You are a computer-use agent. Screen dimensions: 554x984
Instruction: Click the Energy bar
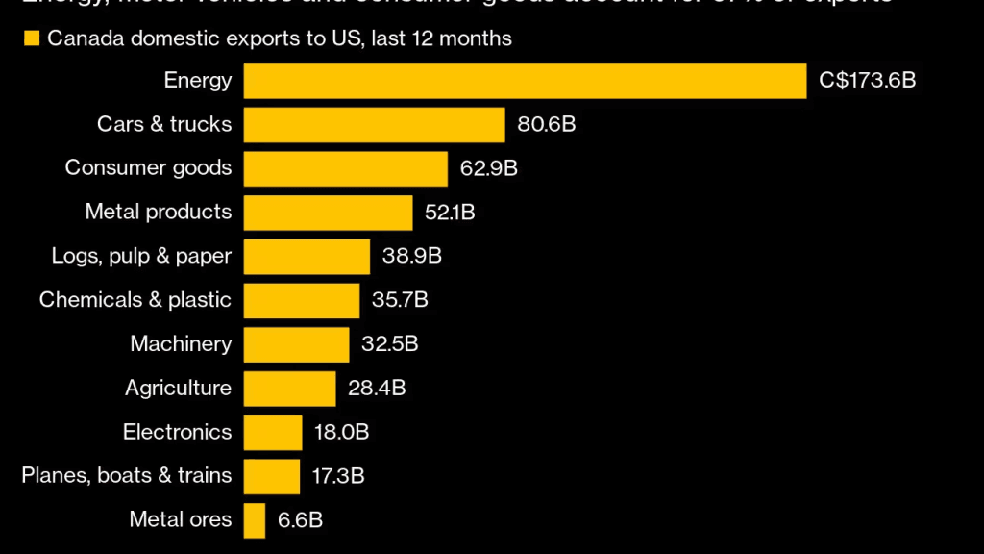tap(525, 81)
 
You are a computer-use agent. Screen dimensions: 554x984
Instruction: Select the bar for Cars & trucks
tap(374, 125)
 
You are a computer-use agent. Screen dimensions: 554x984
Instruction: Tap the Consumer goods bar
tap(345, 168)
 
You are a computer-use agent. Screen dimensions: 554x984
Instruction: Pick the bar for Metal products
tap(328, 213)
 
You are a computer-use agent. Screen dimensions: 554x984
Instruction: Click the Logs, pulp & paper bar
tap(307, 256)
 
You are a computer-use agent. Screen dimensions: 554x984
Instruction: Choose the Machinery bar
tap(296, 344)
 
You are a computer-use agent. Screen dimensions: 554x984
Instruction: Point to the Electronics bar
tap(273, 432)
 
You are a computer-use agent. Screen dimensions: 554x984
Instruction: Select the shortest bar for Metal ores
tap(255, 520)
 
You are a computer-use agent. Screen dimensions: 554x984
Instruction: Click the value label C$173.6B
tap(867, 81)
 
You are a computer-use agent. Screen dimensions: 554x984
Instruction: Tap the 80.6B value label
tap(547, 125)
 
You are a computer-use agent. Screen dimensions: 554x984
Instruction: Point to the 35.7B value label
tap(400, 300)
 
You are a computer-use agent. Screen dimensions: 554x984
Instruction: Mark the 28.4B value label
tap(377, 389)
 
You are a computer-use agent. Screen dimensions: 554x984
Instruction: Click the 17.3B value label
tap(340, 476)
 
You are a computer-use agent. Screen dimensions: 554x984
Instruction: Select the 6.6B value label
tap(300, 520)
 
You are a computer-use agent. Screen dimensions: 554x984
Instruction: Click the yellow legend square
tap(32, 39)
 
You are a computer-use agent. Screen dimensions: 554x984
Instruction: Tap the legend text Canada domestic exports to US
tap(279, 39)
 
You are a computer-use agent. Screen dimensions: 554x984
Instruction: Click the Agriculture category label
tap(178, 389)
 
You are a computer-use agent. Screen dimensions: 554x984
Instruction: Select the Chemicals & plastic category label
tap(135, 300)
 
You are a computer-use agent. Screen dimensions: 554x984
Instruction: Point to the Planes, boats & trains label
tap(127, 476)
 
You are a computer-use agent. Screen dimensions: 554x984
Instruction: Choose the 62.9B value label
tap(489, 168)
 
